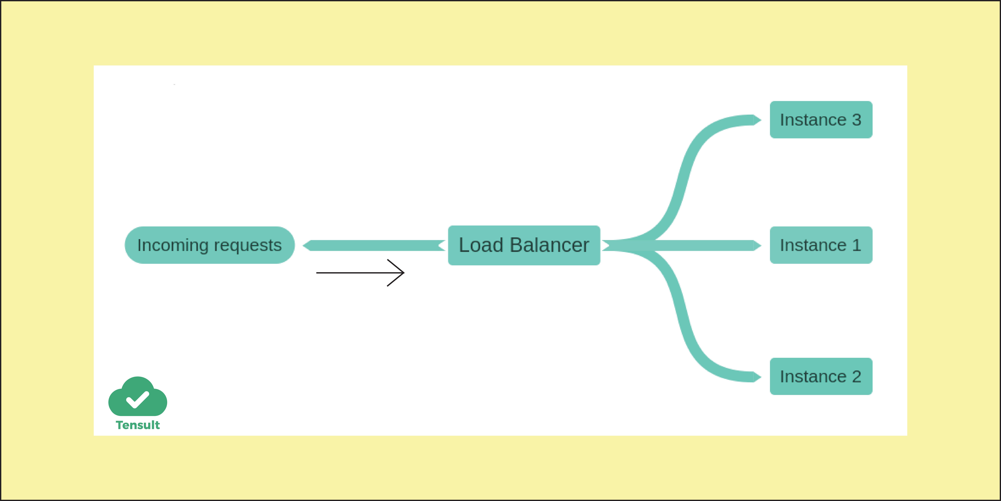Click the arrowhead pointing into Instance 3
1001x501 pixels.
coord(757,120)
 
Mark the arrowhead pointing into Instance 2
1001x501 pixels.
coord(757,377)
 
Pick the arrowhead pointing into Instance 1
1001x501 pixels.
coord(757,246)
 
